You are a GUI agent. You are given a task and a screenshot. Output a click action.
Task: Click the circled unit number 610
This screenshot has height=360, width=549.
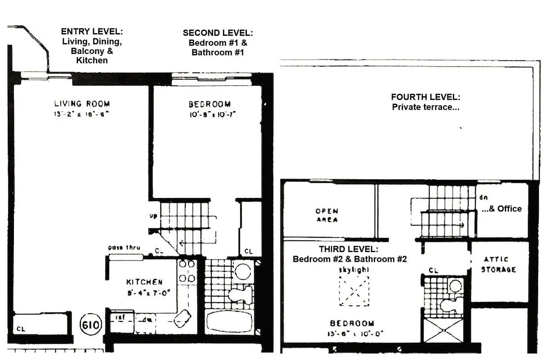coord(92,324)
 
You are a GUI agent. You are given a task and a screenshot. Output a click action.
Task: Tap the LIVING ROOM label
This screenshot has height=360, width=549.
coord(82,104)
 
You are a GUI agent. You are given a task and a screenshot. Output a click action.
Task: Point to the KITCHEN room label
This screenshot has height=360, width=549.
coord(144,282)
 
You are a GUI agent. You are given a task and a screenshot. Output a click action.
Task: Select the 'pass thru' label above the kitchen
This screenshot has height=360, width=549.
coord(125,248)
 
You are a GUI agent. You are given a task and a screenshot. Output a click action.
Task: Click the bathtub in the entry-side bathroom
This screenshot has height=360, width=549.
coord(229,321)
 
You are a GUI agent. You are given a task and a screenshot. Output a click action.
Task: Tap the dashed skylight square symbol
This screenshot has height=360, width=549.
coord(354,291)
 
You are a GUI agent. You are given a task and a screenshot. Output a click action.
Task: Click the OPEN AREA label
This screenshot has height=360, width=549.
coord(327,216)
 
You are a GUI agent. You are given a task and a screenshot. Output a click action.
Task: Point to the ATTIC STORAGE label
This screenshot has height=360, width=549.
coord(499,265)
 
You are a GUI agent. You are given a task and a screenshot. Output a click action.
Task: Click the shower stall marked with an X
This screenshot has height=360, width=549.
coord(444,330)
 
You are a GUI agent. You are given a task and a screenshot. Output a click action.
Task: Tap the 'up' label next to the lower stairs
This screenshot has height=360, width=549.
coord(153,216)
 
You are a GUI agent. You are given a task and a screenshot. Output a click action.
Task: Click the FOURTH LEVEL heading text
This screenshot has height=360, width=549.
coord(425,97)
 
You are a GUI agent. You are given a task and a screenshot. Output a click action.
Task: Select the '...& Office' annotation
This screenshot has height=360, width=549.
coord(502,208)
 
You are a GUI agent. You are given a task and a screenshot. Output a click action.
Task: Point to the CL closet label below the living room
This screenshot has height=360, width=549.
coord(21,329)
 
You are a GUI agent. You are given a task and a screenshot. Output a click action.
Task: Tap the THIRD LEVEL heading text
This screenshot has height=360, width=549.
coord(349,249)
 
